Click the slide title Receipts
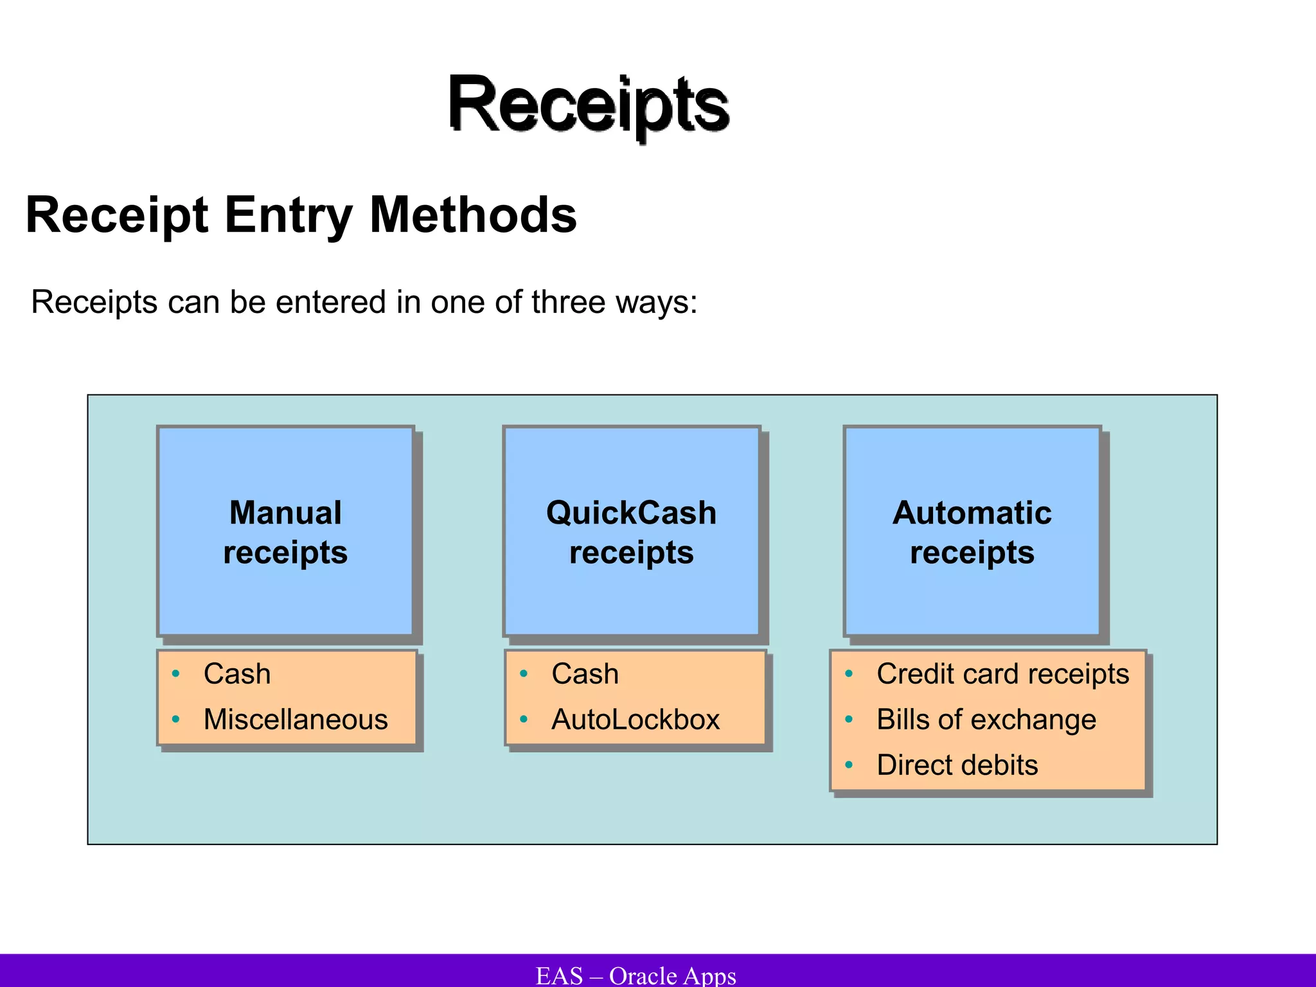588,105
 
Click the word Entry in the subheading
289,216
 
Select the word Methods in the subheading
473,215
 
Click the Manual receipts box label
285,532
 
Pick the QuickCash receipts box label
631,532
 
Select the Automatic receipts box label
972,532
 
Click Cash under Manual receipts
237,674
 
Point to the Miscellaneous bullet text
296,720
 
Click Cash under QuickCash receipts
585,674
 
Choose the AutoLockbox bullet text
636,720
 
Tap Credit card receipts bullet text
1002,674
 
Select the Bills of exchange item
986,720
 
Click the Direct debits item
957,765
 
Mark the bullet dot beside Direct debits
849,765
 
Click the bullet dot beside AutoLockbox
524,720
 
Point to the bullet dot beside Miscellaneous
175,720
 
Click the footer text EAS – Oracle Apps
636,975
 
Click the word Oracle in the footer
643,975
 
